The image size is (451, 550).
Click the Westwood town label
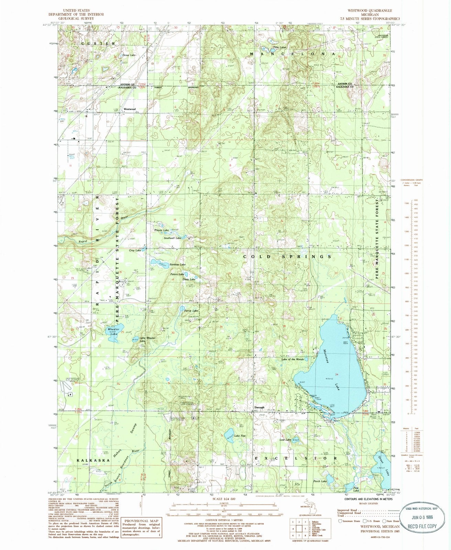coord(130,109)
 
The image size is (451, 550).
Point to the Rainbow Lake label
coord(177,264)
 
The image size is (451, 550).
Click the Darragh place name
coord(259,407)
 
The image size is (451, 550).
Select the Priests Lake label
coord(161,230)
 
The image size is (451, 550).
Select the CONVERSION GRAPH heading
coord(412,180)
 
